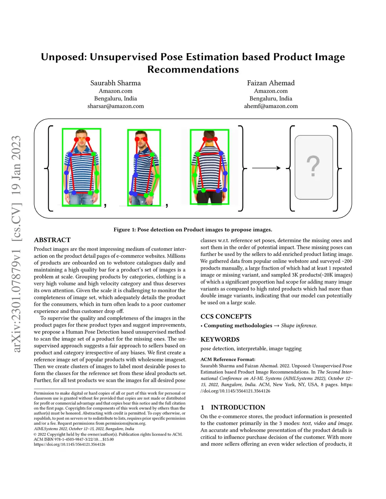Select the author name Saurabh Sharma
pyautogui.click(x=115, y=83)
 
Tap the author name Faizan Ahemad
pyautogui.click(x=271, y=83)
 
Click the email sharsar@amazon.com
pyautogui.click(x=115, y=106)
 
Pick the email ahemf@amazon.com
pyautogui.click(x=271, y=106)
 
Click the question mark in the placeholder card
pyautogui.click(x=313, y=166)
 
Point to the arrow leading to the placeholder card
pyautogui.click(x=266, y=168)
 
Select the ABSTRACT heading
pyautogui.click(x=52, y=240)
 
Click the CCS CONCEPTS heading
pyautogui.click(x=226, y=316)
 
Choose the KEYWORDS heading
pyautogui.click(x=220, y=339)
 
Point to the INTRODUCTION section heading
pyautogui.click(x=237, y=407)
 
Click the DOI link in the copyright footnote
pyautogui.click(x=69, y=444)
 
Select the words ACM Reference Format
pyautogui.click(x=228, y=359)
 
